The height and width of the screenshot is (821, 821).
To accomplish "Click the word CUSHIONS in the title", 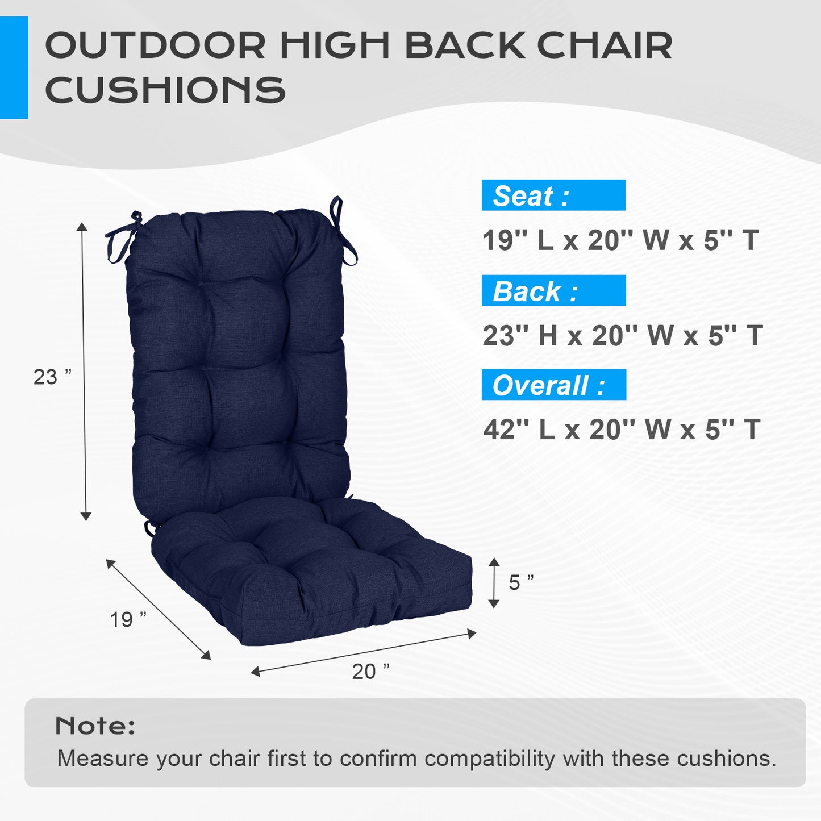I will tap(165, 90).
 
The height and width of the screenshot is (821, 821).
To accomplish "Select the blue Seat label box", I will tap(553, 195).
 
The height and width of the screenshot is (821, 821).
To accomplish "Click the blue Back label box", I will tap(553, 291).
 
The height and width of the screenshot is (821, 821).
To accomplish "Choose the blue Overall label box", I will tap(553, 385).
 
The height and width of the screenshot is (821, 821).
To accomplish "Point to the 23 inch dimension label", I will tap(52, 377).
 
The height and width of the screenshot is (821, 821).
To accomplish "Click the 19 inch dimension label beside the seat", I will tap(128, 619).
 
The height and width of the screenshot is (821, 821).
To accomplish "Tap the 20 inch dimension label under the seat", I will tap(370, 671).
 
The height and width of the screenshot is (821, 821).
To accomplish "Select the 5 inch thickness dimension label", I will tap(520, 582).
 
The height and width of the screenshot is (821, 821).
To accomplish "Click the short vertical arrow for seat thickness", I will tap(494, 582).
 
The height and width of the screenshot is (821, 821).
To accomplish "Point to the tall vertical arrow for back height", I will tap(84, 372).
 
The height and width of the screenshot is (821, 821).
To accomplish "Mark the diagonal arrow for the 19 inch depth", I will tap(159, 610).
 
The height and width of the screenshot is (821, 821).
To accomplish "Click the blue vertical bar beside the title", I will tap(14, 68).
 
